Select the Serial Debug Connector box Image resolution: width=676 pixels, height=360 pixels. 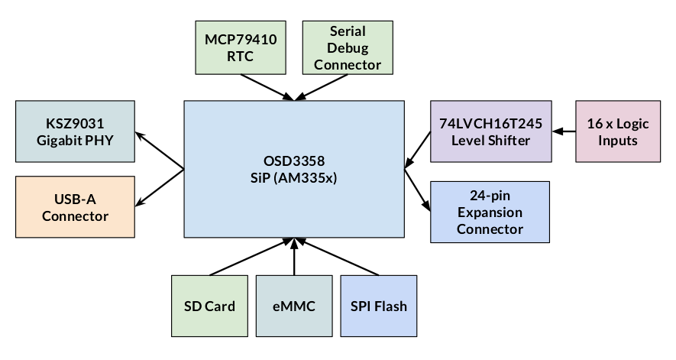point(348,47)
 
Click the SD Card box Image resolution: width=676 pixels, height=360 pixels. point(209,306)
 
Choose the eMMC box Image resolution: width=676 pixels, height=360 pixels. point(293,306)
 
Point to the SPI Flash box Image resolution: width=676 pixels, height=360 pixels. point(378,306)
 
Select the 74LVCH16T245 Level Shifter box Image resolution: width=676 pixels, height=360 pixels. point(490,131)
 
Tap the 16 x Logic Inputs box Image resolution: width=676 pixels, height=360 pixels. point(617,131)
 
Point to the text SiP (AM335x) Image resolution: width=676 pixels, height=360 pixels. point(294,181)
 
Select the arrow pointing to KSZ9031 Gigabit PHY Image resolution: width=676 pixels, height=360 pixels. point(160,152)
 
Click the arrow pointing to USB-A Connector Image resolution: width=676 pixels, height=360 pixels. point(160,186)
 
